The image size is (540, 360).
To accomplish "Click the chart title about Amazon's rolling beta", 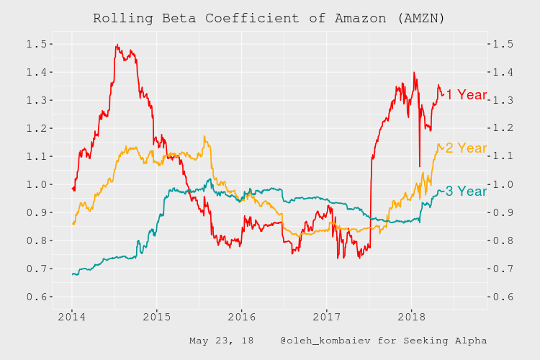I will pyautogui.click(x=269, y=18).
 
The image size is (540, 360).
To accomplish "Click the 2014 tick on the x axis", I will pyautogui.click(x=72, y=317).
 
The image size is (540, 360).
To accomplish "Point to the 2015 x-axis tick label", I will pyautogui.click(x=157, y=317).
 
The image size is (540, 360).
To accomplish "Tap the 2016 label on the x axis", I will pyautogui.click(x=242, y=317).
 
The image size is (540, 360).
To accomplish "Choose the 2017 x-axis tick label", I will pyautogui.click(x=327, y=317).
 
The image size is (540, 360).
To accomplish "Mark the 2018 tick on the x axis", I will pyautogui.click(x=412, y=317).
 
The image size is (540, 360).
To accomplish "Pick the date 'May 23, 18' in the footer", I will pyautogui.click(x=221, y=341).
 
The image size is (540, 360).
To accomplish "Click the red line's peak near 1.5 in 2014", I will pyautogui.click(x=117, y=45).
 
